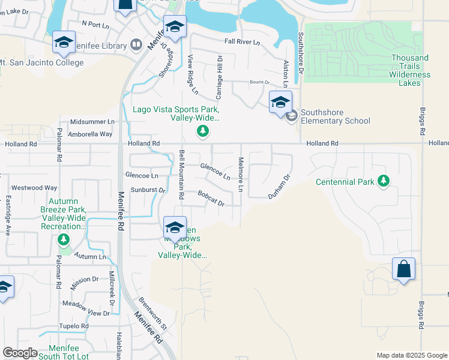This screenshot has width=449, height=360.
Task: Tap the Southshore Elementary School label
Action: (x=336, y=116)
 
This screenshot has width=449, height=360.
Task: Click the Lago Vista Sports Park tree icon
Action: (x=203, y=131)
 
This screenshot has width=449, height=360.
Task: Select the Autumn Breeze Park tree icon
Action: (x=64, y=240)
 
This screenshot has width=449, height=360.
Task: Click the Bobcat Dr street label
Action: (x=211, y=198)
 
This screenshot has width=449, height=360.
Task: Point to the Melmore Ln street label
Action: (x=241, y=175)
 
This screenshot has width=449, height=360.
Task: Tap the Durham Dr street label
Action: (x=279, y=187)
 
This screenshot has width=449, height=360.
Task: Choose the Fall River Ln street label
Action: (x=242, y=42)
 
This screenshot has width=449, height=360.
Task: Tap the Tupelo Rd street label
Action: (x=74, y=326)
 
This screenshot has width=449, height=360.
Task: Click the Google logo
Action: (x=19, y=353)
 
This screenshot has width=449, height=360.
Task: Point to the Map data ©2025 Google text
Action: (x=411, y=355)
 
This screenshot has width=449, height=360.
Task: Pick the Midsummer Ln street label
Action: (x=92, y=121)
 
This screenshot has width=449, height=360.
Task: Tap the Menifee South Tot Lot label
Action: (x=63, y=352)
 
